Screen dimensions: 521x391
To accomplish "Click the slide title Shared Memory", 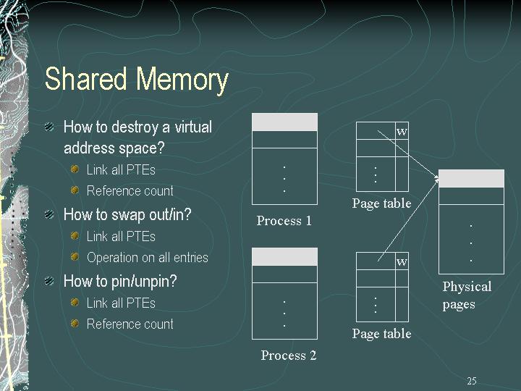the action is (137, 78).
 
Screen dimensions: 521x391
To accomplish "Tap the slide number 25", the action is (472, 381).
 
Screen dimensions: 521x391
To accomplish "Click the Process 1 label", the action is (284, 221).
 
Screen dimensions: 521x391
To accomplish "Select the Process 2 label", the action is (289, 355).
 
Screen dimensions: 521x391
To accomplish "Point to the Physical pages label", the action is (467, 295).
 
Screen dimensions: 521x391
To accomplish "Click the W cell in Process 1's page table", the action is (402, 131).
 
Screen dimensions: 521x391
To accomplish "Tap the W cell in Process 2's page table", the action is (402, 261).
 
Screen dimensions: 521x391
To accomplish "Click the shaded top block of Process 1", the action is (285, 122).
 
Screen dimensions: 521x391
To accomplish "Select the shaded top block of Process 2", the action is (285, 256).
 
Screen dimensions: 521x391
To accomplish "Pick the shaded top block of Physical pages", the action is (472, 179).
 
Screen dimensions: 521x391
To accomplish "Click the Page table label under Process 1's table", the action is (382, 203).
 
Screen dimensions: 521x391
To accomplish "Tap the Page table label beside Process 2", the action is (382, 334).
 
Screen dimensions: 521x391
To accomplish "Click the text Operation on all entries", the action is (148, 257).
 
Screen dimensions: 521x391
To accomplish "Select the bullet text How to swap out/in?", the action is (127, 214).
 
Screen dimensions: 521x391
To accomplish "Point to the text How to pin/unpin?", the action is (120, 281).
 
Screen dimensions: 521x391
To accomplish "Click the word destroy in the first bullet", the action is (135, 127).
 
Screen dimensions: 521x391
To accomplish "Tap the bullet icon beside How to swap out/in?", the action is (49, 214).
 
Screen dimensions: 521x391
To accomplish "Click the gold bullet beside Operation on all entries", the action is (75, 257).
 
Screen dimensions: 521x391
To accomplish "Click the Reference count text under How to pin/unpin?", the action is (130, 324).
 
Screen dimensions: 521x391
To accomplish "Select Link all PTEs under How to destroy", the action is (121, 170).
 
